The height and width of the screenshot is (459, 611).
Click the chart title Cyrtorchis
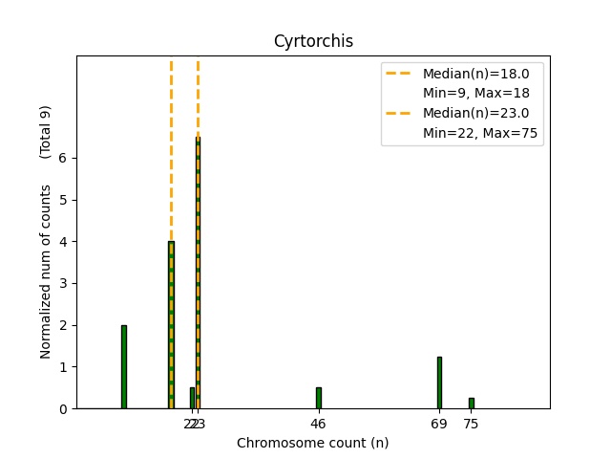click(313, 41)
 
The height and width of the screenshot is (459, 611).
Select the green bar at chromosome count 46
click(318, 398)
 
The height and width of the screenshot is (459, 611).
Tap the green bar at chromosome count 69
click(439, 382)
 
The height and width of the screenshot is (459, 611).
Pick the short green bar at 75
click(471, 404)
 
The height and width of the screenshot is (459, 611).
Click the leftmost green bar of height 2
click(124, 367)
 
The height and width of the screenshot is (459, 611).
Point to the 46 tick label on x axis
click(318, 424)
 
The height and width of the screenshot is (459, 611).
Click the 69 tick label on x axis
click(439, 424)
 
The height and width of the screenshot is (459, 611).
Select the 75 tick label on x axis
click(471, 424)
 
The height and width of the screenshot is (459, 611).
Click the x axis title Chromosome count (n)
click(313, 443)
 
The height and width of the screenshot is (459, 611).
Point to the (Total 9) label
click(46, 132)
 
